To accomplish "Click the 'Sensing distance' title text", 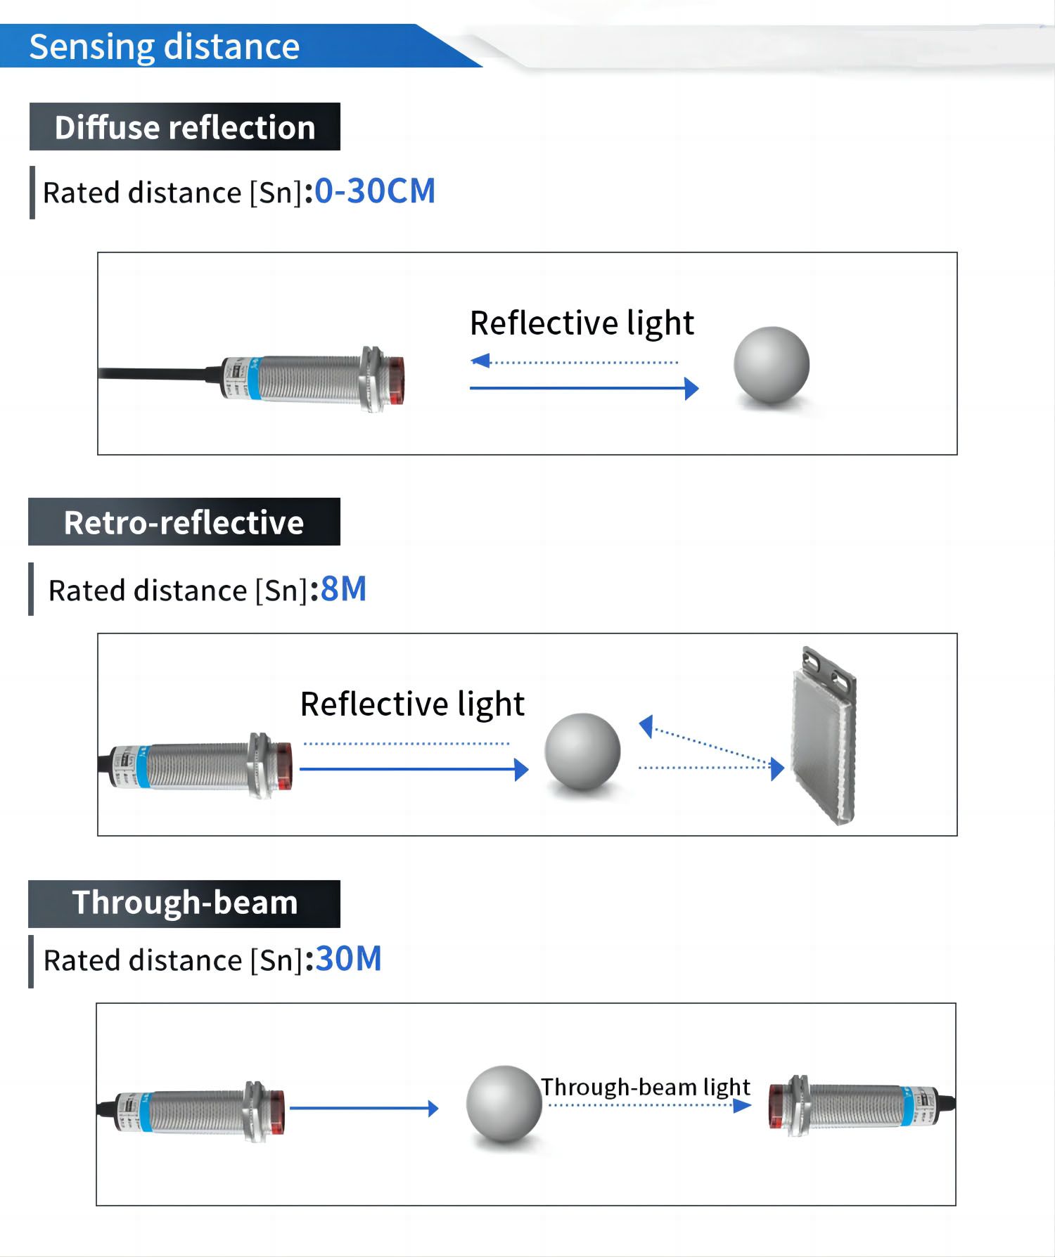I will point(164,47).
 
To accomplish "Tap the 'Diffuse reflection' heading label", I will point(184,127).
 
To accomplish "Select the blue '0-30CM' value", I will point(375,191).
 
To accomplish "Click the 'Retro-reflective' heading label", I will point(184,522).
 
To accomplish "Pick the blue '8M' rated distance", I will point(343,589).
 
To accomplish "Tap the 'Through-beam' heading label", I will point(184,903).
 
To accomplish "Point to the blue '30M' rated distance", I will point(348,959).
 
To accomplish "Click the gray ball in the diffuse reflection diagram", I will point(772,365).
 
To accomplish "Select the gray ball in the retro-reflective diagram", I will point(582,752).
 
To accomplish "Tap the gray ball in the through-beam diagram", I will point(504,1104).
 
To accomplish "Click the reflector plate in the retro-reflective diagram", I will point(824,738).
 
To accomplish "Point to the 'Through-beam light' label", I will point(645,1087).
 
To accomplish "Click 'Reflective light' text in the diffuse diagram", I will point(582,323).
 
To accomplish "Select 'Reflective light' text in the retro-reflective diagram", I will point(412,704).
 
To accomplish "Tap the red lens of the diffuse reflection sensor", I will point(396,380).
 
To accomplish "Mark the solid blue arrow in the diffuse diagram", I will point(583,388).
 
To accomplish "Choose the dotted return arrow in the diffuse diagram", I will point(573,362).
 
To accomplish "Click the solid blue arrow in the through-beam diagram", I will point(364,1109).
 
